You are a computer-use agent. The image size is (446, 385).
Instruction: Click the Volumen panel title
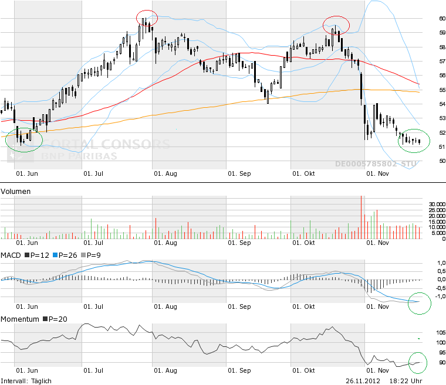pos(16,192)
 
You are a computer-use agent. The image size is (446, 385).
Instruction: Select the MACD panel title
pos(11,255)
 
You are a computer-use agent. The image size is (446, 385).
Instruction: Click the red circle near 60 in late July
pos(147,18)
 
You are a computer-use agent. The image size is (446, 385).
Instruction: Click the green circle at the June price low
pos(24,141)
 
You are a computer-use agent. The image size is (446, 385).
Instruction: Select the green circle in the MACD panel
pos(420,302)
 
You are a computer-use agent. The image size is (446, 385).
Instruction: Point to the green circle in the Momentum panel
pos(419,362)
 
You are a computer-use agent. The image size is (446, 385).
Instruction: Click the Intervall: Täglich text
pos(26,381)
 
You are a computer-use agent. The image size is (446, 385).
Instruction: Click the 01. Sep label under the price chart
pos(239,173)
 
